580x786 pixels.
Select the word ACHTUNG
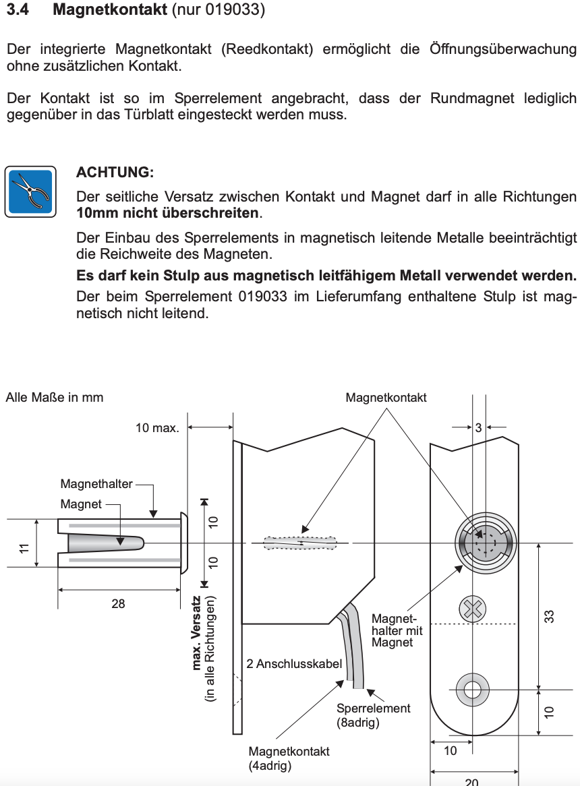tap(115, 173)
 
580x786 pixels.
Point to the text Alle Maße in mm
tap(55, 397)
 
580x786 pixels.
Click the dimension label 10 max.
tap(156, 428)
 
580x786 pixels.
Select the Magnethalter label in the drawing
tap(96, 483)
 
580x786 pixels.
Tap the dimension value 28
tap(118, 604)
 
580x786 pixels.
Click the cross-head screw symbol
tap(472, 609)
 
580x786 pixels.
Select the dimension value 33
tap(549, 615)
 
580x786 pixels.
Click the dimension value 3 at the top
tap(478, 427)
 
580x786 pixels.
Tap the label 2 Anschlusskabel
tap(294, 663)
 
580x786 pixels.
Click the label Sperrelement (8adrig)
tap(373, 715)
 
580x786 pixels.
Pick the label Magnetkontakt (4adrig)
tap(289, 758)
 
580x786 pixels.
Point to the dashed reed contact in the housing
tap(301, 543)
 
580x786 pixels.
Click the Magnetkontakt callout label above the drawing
tap(386, 398)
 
